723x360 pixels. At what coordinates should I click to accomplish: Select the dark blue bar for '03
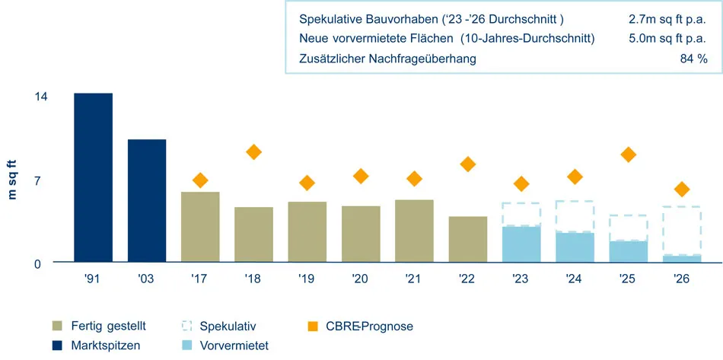click(x=146, y=201)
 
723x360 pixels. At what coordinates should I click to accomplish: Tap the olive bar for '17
click(x=200, y=227)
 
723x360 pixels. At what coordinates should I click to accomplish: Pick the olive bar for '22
click(x=468, y=239)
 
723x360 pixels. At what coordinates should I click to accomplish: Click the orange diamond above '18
click(x=253, y=152)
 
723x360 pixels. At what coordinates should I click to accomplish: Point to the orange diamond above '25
click(x=628, y=155)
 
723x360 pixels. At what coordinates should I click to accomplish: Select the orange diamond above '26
click(x=682, y=189)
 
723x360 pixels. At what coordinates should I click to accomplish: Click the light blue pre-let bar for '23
click(x=521, y=244)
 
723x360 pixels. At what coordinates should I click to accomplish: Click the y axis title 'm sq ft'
click(x=12, y=179)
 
